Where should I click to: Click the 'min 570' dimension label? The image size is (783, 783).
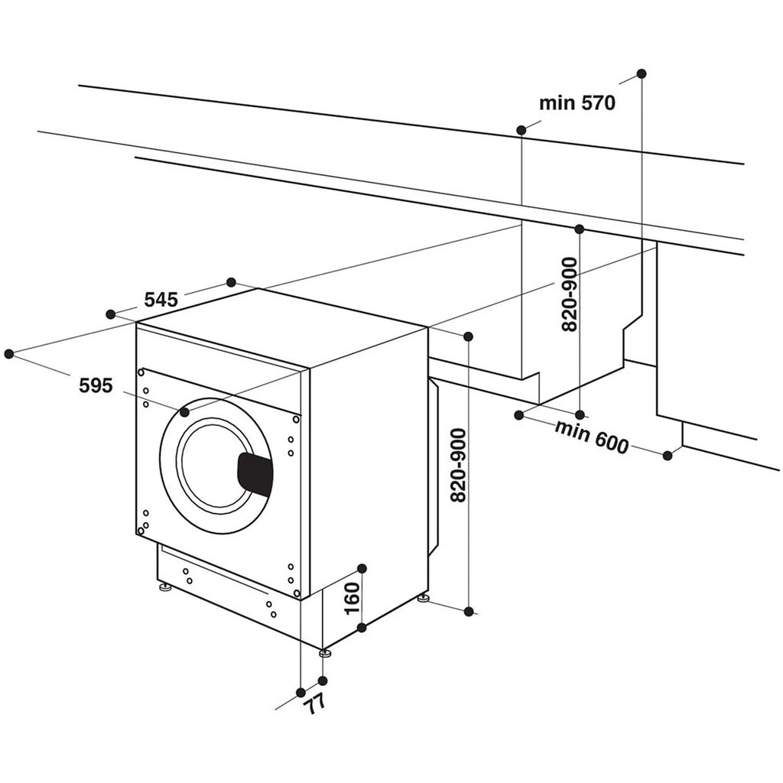pos(577,103)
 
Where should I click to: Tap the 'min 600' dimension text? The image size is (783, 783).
pos(591,437)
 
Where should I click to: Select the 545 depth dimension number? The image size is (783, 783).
pos(161,300)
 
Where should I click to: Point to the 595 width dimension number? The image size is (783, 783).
pos(96,386)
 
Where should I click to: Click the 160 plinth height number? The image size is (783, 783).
pos(351,599)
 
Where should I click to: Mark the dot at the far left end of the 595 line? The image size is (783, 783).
pos(9,353)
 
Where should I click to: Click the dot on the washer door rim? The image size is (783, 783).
pos(184,412)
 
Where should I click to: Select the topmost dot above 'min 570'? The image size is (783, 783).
pos(641,73)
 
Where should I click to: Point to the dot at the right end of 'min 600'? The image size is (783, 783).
pos(668,456)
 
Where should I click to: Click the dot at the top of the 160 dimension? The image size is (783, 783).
pos(362,568)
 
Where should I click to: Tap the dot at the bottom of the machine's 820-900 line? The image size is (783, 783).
pos(469,611)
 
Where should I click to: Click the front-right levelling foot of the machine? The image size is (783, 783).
pos(325,653)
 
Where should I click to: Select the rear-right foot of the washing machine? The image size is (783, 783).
pos(422,596)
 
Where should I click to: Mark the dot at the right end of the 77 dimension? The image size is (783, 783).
pos(323,681)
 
